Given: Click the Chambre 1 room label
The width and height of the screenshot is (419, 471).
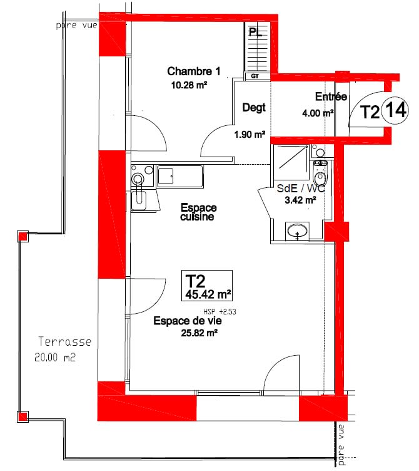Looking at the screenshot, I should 194,70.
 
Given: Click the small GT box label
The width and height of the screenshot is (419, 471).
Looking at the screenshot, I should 255,76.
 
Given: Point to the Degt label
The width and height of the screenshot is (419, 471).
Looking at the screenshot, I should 253,108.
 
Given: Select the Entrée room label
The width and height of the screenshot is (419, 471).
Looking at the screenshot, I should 331,97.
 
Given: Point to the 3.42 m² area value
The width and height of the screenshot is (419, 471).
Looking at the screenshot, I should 301,200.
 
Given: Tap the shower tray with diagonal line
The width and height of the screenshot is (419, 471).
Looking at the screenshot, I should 290,158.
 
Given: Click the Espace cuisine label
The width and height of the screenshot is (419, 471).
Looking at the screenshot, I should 198,212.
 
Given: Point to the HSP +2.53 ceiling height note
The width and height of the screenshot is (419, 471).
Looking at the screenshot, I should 220,311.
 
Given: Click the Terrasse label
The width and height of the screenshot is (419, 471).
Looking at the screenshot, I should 65,342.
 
